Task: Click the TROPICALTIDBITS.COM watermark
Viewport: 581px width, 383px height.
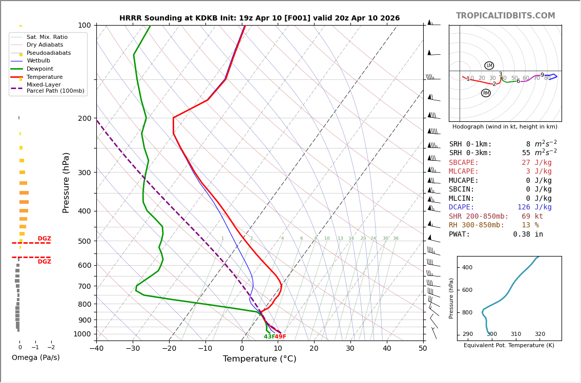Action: coord(505,16)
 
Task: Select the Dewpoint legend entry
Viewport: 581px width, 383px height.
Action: coord(39,69)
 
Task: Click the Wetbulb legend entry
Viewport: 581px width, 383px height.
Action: coord(38,61)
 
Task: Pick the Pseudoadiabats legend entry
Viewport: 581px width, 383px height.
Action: coord(49,53)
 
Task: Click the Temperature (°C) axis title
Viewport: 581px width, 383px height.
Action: coord(259,359)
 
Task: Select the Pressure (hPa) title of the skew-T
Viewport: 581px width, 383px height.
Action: coord(66,182)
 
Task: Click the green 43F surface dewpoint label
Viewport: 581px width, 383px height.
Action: coord(269,337)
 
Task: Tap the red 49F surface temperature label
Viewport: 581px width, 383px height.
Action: coord(280,337)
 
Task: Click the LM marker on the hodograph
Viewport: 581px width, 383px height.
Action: coord(489,66)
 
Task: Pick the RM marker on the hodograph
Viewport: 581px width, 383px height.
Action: coord(486,93)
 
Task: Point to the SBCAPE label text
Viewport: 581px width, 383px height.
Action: coord(464,163)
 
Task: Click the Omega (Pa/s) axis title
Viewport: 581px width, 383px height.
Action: coord(36,358)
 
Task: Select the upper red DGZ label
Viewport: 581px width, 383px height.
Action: coord(44,239)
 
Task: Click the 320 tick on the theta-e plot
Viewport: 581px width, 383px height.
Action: coord(540,334)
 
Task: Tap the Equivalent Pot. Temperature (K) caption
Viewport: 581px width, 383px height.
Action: coord(509,346)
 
